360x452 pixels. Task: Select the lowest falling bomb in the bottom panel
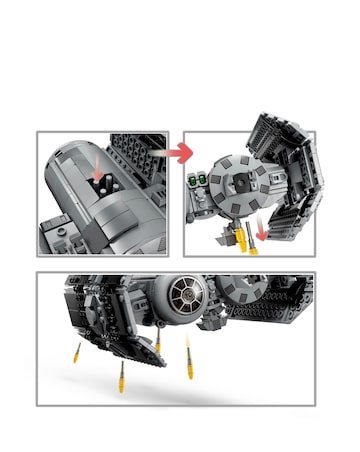coord(121,379)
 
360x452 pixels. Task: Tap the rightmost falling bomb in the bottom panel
coord(188,352)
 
